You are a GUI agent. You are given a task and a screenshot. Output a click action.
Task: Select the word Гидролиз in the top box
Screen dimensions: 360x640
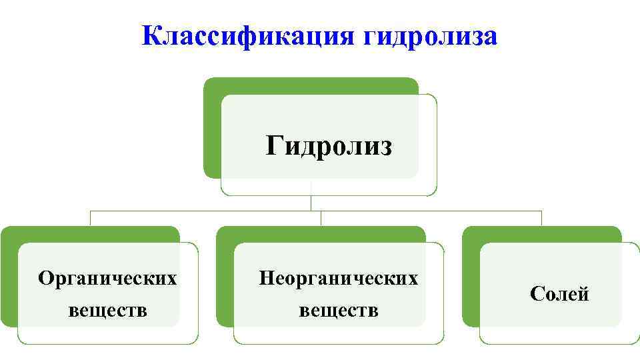329,145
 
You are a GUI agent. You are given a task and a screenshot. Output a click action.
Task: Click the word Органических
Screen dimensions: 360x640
107,277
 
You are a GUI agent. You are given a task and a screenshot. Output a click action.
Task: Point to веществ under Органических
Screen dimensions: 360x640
107,310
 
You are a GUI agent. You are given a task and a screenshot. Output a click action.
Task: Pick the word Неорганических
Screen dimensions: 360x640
338,277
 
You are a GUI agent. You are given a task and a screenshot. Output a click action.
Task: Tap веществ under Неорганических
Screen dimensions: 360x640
339,310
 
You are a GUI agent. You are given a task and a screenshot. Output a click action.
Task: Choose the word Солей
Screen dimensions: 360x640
559,293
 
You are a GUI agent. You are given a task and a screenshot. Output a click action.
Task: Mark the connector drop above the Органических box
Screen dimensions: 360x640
91,219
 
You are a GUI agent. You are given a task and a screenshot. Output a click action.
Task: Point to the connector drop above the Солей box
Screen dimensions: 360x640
541,219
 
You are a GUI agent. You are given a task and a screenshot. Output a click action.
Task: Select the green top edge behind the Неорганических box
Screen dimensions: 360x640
321,234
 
